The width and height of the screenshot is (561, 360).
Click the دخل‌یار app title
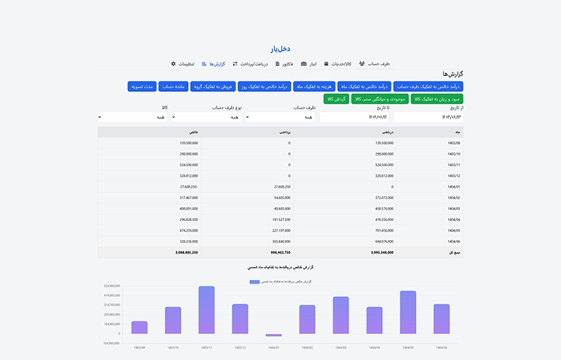click(x=280, y=49)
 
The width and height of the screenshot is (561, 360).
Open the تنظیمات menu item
click(x=183, y=64)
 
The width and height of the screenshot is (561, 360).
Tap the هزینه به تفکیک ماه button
click(x=313, y=86)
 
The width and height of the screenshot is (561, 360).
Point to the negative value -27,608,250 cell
click(x=189, y=187)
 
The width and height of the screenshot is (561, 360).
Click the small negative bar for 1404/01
click(x=273, y=335)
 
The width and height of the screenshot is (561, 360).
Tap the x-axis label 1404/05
click(x=408, y=347)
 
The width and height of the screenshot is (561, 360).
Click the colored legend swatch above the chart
click(x=255, y=281)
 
